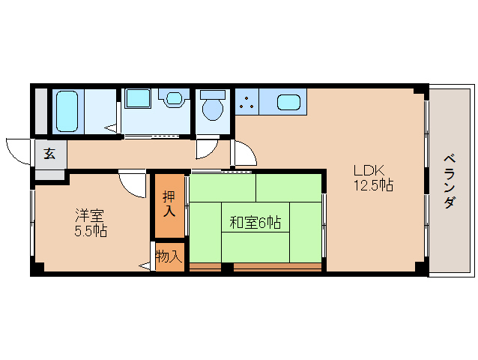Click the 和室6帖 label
coord(255,222)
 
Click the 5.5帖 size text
coord(90,231)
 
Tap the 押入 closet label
coord(169,204)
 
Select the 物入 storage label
coord(169,256)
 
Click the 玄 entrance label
coord(49,154)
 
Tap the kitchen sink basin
coord(289,101)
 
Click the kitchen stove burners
coord(246,103)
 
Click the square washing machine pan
coord(138,98)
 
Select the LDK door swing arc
coord(244,154)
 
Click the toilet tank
coord(214,95)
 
